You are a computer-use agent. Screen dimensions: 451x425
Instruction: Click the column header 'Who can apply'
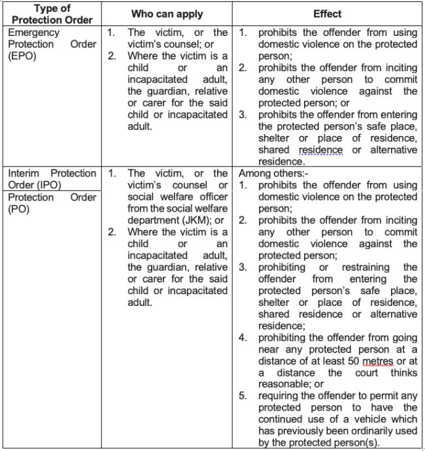(x=167, y=13)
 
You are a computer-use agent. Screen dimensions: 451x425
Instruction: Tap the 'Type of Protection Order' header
(x=52, y=13)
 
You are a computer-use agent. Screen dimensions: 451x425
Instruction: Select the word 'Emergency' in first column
(x=34, y=32)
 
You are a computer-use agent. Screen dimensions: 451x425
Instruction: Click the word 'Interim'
(x=26, y=173)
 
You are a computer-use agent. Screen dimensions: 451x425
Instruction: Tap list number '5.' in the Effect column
(x=243, y=396)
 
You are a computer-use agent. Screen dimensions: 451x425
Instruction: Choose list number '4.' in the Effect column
(x=243, y=337)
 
